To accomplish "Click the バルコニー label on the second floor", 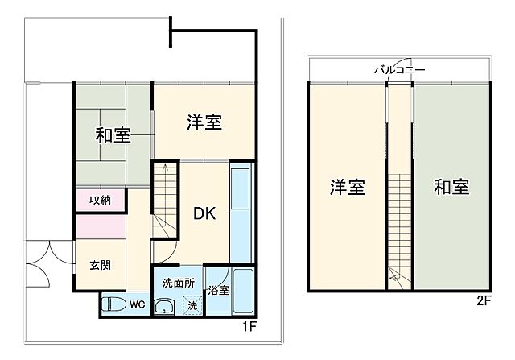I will pos(400,71).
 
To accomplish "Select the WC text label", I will pos(138,305).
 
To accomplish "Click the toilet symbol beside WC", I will pos(115,304).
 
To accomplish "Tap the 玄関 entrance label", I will pos(100,265).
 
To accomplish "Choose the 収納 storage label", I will pos(100,200).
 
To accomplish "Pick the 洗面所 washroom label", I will pos(178,283).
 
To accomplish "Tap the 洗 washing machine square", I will pos(192,305).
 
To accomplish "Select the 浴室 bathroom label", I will pos(217,290).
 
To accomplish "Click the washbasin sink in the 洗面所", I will pos(164,306).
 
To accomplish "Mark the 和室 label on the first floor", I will pos(113,135).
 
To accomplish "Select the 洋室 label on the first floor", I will pos(204,122).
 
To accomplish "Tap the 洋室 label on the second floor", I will pos(348,188).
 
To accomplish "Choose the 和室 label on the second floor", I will pos(451,188).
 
